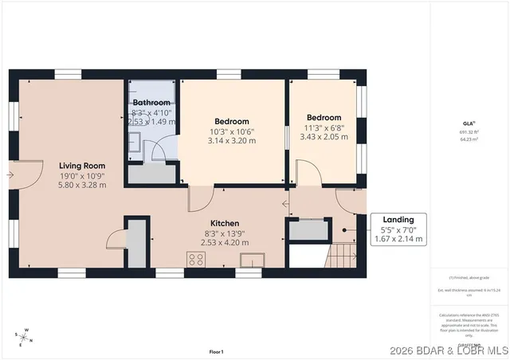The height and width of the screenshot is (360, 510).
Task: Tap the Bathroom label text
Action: pos(151,103)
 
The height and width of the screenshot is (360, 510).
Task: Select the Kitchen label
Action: pos(225,224)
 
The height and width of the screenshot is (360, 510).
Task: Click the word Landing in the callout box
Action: pos(398,220)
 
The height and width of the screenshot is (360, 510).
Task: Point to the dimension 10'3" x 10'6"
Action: pos(232,131)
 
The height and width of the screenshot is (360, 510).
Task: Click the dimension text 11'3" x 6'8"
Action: pos(324,127)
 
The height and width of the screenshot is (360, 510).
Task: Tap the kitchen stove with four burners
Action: pos(196,259)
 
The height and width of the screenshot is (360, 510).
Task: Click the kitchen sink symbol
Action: pos(255,259)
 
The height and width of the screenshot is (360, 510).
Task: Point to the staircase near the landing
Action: pos(342,256)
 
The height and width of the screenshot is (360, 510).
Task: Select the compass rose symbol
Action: pos(25,336)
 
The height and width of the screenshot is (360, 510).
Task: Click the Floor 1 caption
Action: pos(216,351)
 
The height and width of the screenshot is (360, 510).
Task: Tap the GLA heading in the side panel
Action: pos(469,123)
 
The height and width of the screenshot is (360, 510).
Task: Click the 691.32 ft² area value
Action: pos(469,132)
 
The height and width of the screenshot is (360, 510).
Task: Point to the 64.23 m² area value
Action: pos(469,139)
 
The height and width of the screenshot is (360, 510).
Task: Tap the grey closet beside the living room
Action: pos(137,244)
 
